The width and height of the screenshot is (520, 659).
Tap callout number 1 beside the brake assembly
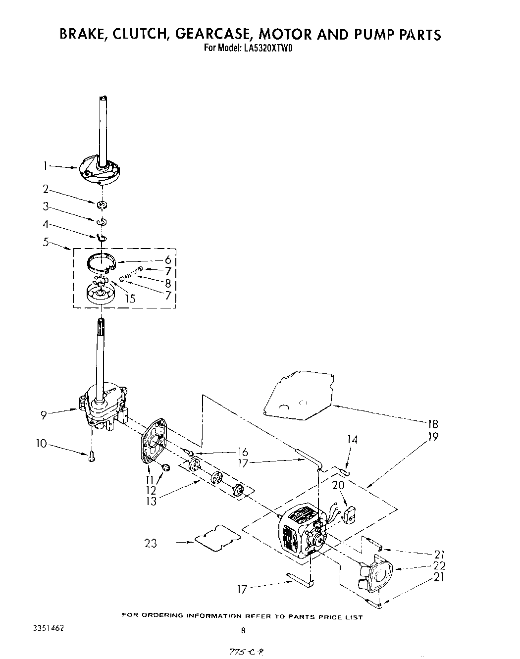pos(45,166)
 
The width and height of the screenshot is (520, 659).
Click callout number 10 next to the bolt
pos(41,443)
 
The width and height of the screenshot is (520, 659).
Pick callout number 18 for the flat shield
pos(432,424)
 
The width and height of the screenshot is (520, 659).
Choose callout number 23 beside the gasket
pos(151,543)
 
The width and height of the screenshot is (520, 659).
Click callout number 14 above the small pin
pos(352,439)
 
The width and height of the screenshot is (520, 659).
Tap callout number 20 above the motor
pos(338,485)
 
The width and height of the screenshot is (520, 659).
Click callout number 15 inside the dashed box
pos(130,299)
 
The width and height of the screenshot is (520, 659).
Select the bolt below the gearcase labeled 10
pos(91,458)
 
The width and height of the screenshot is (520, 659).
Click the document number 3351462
pos(48,627)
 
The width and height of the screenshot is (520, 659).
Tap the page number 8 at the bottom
pos(243,630)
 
